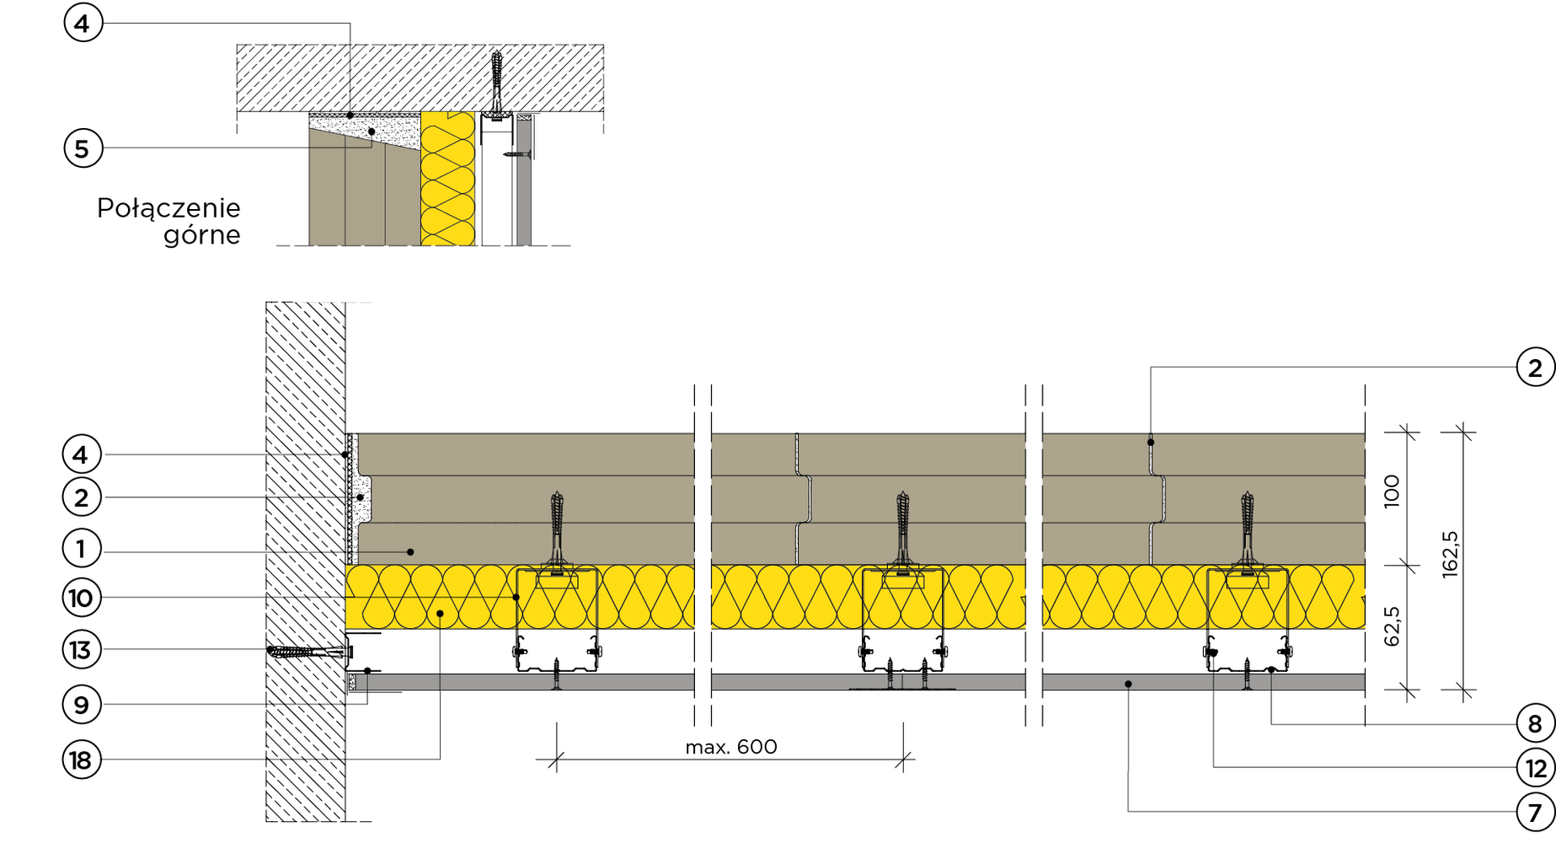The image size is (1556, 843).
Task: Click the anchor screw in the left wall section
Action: coord(556,527)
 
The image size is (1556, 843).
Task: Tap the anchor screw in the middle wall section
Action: coord(902,527)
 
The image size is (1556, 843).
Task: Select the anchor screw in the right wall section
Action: coord(1247,527)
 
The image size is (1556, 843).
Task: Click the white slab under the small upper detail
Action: coord(420,274)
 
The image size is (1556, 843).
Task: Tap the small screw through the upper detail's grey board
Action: coord(523,153)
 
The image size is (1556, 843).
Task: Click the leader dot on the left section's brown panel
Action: coord(410,552)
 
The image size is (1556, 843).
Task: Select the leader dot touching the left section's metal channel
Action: coord(516,597)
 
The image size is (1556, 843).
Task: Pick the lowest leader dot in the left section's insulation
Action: coord(440,614)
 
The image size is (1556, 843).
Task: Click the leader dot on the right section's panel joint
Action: coord(1151,443)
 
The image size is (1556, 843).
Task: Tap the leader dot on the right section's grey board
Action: coord(1128,684)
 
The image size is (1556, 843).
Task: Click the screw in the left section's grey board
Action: coord(556,682)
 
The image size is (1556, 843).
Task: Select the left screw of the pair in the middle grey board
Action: coord(891,682)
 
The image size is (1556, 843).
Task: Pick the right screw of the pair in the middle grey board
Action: coord(924,682)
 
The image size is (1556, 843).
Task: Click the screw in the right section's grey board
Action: coord(1247,682)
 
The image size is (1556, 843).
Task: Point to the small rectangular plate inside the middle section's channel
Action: coord(902,581)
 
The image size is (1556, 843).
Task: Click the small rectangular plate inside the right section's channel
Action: coord(1247,581)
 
